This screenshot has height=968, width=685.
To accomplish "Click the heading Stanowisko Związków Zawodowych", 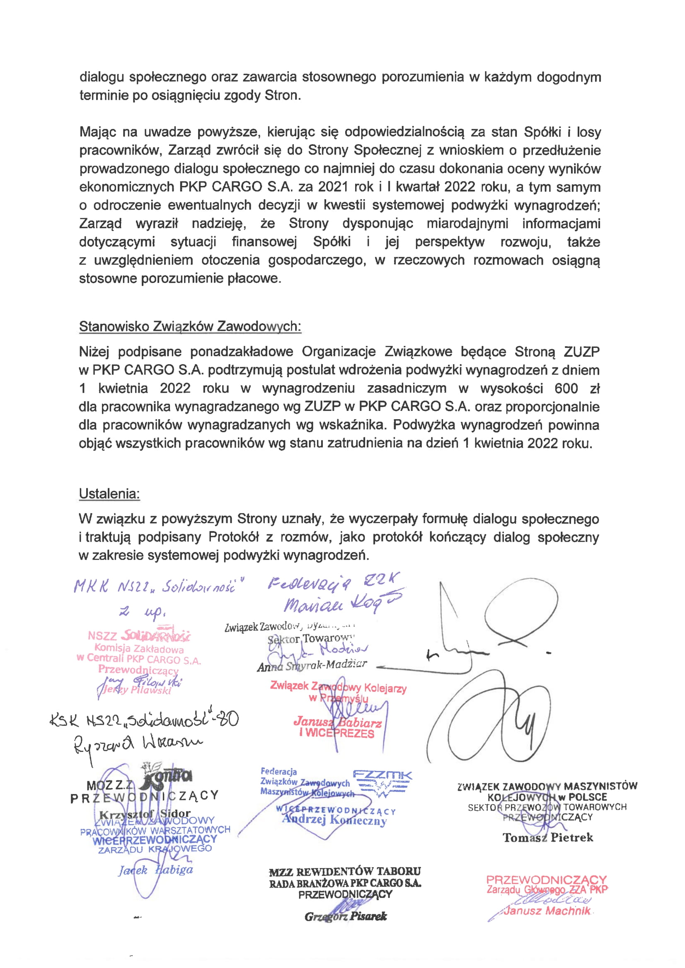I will click(190, 326).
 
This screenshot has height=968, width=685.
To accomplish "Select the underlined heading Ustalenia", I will click(109, 494).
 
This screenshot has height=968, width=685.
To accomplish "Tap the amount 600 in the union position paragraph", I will click(566, 388).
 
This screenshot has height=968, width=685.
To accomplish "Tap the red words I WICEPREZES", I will click(336, 733).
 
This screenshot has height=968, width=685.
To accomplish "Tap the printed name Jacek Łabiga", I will click(155, 870).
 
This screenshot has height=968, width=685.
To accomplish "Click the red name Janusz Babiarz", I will click(337, 722).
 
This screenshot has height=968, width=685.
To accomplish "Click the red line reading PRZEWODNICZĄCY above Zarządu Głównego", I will click(546, 880).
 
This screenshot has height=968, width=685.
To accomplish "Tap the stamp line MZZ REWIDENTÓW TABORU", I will click(345, 871).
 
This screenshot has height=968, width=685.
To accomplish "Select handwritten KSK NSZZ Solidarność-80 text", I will click(143, 719).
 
